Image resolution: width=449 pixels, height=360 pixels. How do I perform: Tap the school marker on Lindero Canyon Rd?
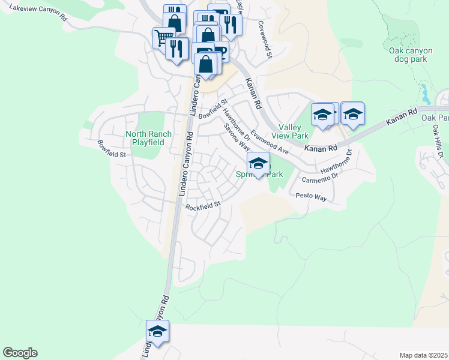(157, 332)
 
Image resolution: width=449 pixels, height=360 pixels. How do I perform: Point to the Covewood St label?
(265, 40)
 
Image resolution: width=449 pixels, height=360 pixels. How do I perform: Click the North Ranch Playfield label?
(148, 138)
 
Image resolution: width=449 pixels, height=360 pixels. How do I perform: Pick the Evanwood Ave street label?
(270, 142)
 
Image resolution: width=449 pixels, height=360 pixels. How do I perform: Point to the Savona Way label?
(237, 137)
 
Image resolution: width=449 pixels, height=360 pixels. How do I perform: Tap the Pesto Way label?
(311, 196)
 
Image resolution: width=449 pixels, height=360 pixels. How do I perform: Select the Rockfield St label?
(203, 205)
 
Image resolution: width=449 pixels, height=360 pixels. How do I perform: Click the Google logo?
(20, 353)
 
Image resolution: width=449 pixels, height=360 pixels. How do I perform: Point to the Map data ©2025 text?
(423, 355)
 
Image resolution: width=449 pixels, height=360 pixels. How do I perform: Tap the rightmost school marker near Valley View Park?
(353, 113)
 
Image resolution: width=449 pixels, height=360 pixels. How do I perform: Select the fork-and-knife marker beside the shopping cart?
(176, 49)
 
